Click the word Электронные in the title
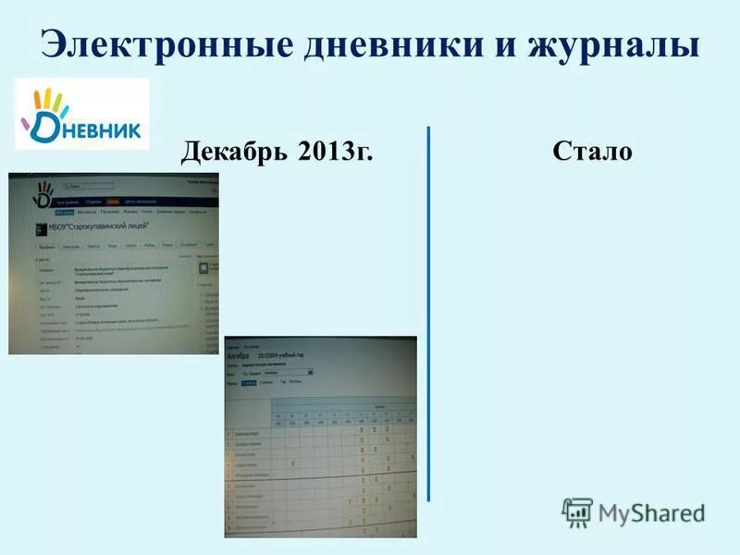pos(148,43)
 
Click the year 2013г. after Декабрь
pos(336,151)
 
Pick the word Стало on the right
pos(592,151)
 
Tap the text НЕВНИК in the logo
pos(102,130)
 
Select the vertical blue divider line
pos(428,314)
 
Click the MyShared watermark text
pos(651,512)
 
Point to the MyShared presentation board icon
pos(577,512)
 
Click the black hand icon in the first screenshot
pos(43,192)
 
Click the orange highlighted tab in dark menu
pos(113,201)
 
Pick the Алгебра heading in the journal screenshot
pos(238,355)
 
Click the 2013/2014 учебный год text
pos(282,355)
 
